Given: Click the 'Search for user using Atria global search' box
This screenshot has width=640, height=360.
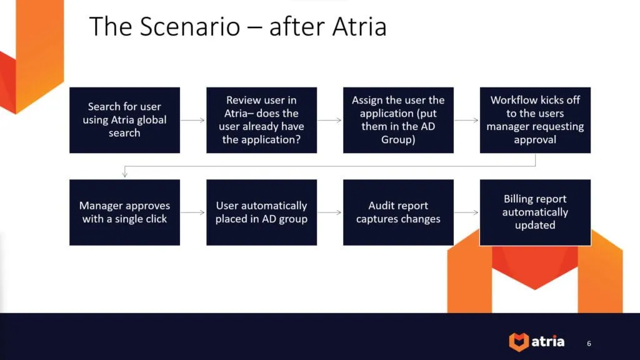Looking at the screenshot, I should point(124,120).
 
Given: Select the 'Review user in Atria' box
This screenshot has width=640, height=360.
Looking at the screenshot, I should point(261,120).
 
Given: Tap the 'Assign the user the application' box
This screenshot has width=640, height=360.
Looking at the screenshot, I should point(398,120).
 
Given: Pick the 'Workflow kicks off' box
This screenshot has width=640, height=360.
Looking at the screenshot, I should point(535,120).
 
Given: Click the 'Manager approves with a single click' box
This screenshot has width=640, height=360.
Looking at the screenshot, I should point(124,212).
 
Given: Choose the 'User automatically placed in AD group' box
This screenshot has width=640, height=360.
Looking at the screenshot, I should point(261,212).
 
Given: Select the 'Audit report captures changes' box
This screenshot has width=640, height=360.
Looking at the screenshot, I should point(398,212).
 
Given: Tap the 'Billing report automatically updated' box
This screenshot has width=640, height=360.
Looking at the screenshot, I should point(535,212).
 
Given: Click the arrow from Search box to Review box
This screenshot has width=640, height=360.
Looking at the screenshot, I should point(193,120).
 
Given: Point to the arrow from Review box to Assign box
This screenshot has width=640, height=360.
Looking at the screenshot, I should point(330,120).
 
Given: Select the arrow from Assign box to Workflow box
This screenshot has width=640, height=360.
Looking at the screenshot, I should point(467,120).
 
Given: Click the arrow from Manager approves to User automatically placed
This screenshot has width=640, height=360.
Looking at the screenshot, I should point(193,212).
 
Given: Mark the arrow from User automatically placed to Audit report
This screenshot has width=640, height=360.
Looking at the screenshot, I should point(330,212).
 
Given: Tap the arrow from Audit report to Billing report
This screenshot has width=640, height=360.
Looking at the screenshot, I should point(467,212).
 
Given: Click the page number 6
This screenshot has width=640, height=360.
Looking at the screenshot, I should point(589,343).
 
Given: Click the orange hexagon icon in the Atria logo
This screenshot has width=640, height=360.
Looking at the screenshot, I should point(518,342).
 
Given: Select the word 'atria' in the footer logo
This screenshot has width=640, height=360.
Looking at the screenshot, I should point(548,342).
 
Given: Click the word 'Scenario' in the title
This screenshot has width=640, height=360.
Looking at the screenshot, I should point(189,27).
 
